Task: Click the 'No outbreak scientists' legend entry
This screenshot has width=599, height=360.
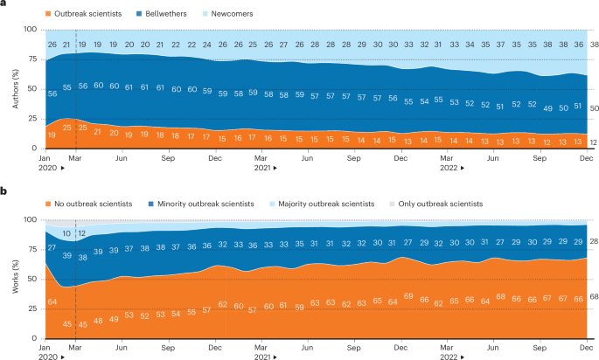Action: pos(91,204)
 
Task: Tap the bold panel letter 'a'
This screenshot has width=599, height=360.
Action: pos(4,5)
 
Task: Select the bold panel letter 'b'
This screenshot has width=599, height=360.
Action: pos(4,191)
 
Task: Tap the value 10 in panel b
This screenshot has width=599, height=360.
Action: pos(66,234)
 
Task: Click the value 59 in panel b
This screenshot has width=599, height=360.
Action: pos(300,307)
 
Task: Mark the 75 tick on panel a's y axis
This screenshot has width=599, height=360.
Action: pos(32,59)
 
